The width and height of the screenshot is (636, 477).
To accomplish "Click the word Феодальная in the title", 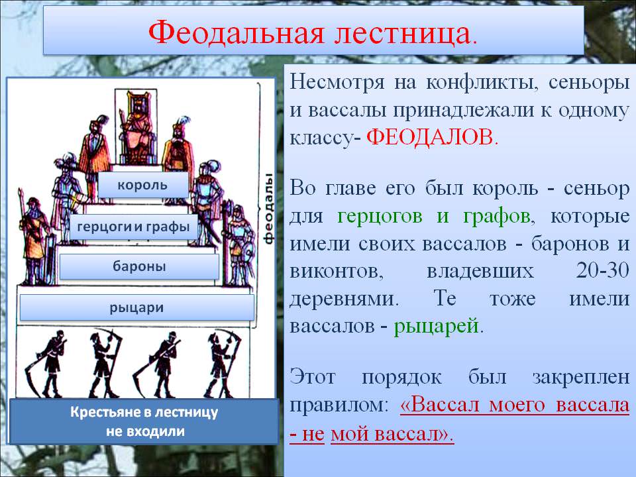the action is click(x=237, y=32).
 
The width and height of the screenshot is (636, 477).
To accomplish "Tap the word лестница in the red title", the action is click(x=402, y=33).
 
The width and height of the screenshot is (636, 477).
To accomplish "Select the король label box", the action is click(x=143, y=185).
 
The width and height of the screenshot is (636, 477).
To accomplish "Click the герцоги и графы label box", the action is click(x=133, y=227).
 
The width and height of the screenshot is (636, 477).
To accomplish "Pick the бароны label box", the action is click(x=139, y=266).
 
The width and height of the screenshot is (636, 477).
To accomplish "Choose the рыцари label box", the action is click(x=136, y=307).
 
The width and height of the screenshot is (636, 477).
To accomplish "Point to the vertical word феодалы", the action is click(x=268, y=209).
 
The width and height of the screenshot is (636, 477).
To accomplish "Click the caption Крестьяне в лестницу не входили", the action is click(x=144, y=421).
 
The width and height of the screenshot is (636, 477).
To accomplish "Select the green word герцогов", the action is click(x=380, y=216).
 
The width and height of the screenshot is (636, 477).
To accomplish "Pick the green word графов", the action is click(x=496, y=216).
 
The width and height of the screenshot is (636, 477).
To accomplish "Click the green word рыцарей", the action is click(x=436, y=325).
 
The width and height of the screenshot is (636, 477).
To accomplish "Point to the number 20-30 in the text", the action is click(x=602, y=270).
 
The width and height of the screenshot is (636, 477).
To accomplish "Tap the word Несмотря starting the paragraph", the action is click(x=337, y=82).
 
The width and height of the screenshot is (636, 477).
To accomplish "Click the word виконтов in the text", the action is click(x=336, y=272).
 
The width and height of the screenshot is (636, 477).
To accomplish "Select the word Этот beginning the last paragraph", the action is click(x=312, y=376).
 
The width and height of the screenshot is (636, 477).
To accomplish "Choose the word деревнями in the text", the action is click(x=344, y=299).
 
